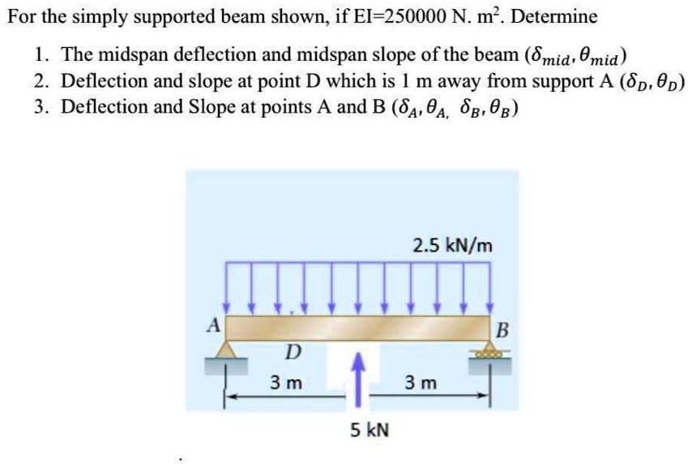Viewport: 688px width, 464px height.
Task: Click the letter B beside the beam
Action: tap(501, 330)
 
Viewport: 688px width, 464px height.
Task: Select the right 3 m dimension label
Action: tap(421, 382)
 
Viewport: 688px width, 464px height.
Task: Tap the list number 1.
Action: tap(40, 56)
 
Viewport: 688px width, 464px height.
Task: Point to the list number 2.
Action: tap(40, 81)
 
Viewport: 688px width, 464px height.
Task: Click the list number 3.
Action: tap(40, 106)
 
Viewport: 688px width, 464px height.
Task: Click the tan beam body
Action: tap(357, 328)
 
